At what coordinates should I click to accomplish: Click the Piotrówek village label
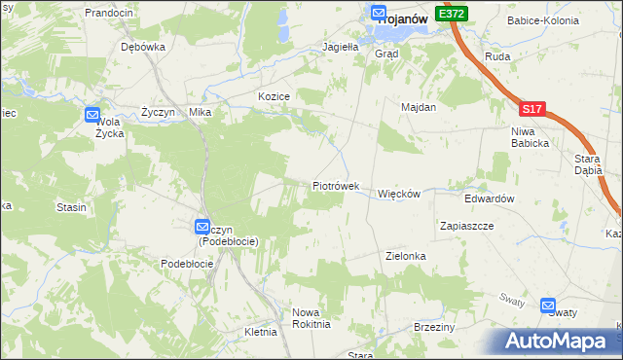(x=336, y=185)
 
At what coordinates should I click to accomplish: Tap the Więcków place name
(x=398, y=194)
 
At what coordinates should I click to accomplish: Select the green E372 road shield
(x=453, y=14)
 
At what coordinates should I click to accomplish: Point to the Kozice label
(x=275, y=96)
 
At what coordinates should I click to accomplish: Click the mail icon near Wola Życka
(x=92, y=115)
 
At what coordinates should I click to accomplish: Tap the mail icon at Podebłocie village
(x=202, y=226)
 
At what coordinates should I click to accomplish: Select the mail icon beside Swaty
(x=548, y=304)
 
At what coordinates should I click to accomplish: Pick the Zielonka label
(x=406, y=256)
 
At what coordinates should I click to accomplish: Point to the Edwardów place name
(x=489, y=198)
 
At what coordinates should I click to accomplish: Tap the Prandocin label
(x=108, y=13)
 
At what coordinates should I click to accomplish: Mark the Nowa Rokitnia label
(x=311, y=318)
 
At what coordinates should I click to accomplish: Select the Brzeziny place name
(x=434, y=327)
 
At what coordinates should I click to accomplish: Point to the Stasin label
(x=72, y=207)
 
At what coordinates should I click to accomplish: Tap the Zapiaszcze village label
(x=466, y=225)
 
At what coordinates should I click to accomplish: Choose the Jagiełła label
(x=342, y=46)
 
